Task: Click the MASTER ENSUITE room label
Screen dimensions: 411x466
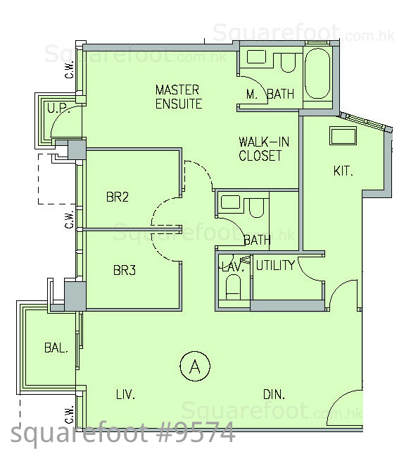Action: [x=179, y=97]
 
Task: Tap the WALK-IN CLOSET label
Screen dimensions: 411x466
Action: [x=264, y=149]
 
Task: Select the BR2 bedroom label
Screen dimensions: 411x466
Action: [x=118, y=197]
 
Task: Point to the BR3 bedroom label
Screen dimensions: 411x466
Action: [x=125, y=270]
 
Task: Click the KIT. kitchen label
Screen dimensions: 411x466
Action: [x=343, y=171]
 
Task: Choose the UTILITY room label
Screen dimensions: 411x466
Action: [x=275, y=265]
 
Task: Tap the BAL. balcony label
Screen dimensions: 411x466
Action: [x=56, y=348]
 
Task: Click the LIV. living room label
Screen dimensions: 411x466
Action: [x=125, y=394]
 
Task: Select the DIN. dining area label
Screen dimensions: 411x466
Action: [x=274, y=394]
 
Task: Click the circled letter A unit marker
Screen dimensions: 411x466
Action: [x=195, y=366]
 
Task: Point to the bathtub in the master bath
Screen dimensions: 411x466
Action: [x=317, y=73]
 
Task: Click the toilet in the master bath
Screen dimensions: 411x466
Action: [x=288, y=63]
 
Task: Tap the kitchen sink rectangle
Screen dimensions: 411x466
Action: [x=343, y=136]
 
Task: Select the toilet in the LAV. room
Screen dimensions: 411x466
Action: [x=233, y=287]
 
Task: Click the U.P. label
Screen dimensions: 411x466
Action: [x=58, y=108]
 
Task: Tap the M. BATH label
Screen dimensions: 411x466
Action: [x=270, y=94]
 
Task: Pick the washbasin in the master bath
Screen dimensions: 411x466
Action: [x=256, y=56]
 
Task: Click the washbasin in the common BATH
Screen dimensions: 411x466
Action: [x=231, y=202]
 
